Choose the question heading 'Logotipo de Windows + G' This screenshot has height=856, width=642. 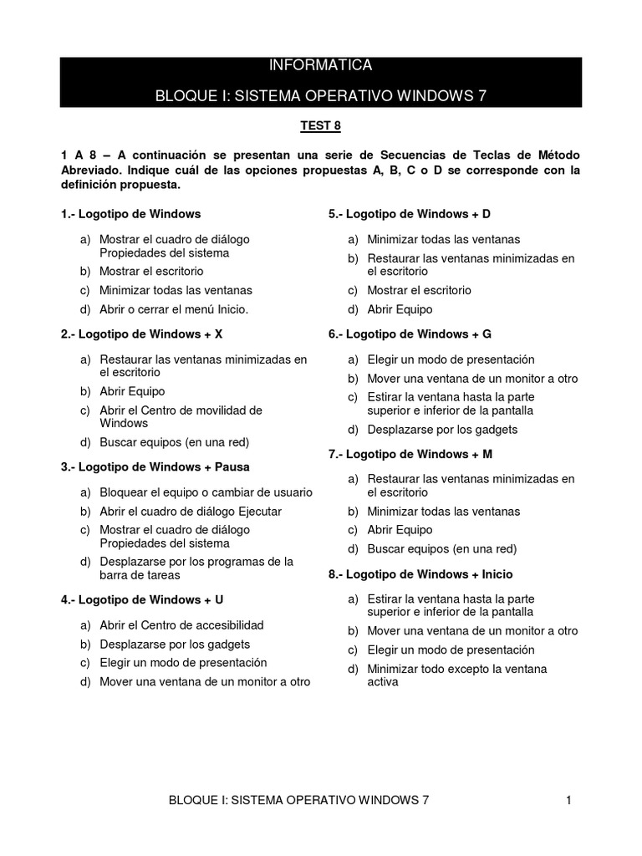[x=410, y=334]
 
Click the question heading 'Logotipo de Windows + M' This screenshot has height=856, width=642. [x=410, y=454]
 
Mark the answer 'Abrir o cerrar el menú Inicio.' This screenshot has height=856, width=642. [x=175, y=309]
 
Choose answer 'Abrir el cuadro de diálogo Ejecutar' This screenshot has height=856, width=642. [x=191, y=511]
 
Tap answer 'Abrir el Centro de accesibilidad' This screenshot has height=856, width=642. [x=181, y=624]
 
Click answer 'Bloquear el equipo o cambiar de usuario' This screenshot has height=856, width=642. [x=206, y=492]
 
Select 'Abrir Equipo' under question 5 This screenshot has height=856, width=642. [x=400, y=309]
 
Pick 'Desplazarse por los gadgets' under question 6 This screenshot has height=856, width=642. [x=442, y=430]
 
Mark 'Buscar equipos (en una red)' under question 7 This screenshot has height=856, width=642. [x=442, y=549]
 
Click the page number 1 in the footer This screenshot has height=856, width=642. [x=568, y=800]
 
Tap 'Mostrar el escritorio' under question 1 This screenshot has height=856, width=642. [x=151, y=272]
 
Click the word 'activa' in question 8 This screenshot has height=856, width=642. [x=383, y=681]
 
